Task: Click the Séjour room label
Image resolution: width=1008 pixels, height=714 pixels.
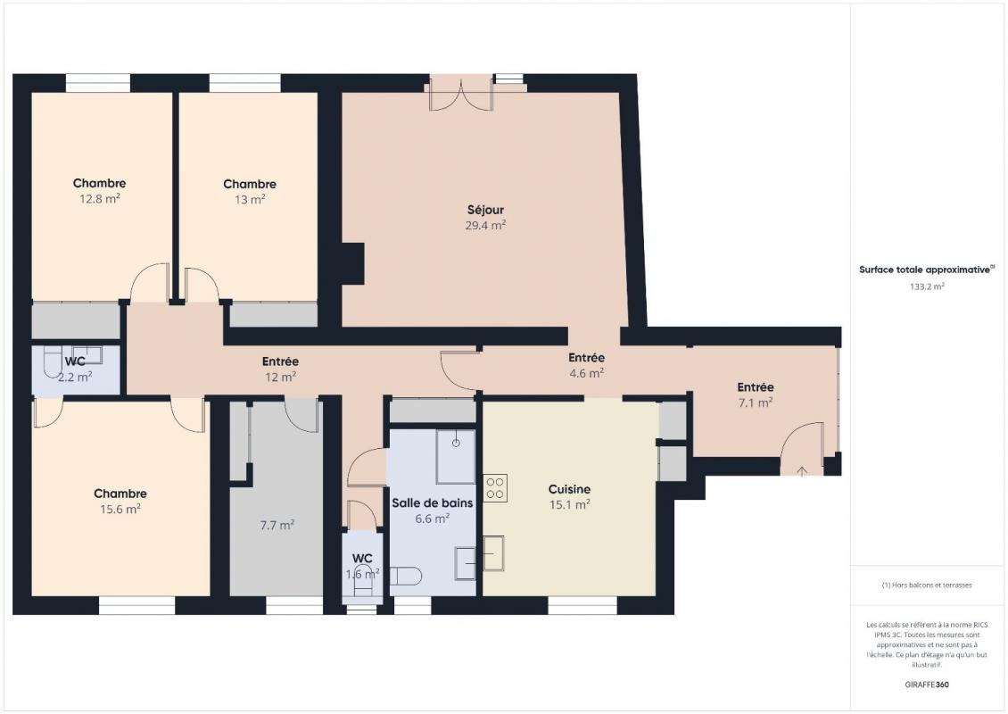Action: click(485, 210)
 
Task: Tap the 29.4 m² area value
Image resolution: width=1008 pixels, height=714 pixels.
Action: click(485, 226)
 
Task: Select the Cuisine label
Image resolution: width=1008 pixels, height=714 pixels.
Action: click(569, 489)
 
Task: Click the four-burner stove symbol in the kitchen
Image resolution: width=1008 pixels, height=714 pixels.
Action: click(495, 487)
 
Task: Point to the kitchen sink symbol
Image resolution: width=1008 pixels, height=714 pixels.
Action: click(493, 553)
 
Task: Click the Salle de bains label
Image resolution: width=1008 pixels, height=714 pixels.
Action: click(432, 502)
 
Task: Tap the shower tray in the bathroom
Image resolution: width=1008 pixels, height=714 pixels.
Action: click(455, 457)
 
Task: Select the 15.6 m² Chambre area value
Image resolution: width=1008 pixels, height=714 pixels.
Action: click(120, 509)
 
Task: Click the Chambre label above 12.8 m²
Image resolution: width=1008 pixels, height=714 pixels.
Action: click(99, 183)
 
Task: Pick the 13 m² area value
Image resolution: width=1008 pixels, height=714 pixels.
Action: click(249, 200)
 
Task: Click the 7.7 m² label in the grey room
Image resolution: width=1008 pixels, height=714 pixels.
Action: click(277, 526)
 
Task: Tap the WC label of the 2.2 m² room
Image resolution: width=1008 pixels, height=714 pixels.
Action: click(75, 362)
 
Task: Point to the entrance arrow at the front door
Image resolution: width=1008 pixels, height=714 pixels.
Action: click(801, 470)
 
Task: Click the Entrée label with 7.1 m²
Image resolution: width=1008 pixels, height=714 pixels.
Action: click(755, 387)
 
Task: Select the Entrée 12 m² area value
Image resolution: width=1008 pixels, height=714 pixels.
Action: click(280, 378)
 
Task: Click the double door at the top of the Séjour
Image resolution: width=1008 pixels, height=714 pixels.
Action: click(460, 94)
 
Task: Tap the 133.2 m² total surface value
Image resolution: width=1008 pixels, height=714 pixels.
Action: click(927, 287)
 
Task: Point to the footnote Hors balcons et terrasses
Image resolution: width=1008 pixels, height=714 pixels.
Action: click(927, 585)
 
